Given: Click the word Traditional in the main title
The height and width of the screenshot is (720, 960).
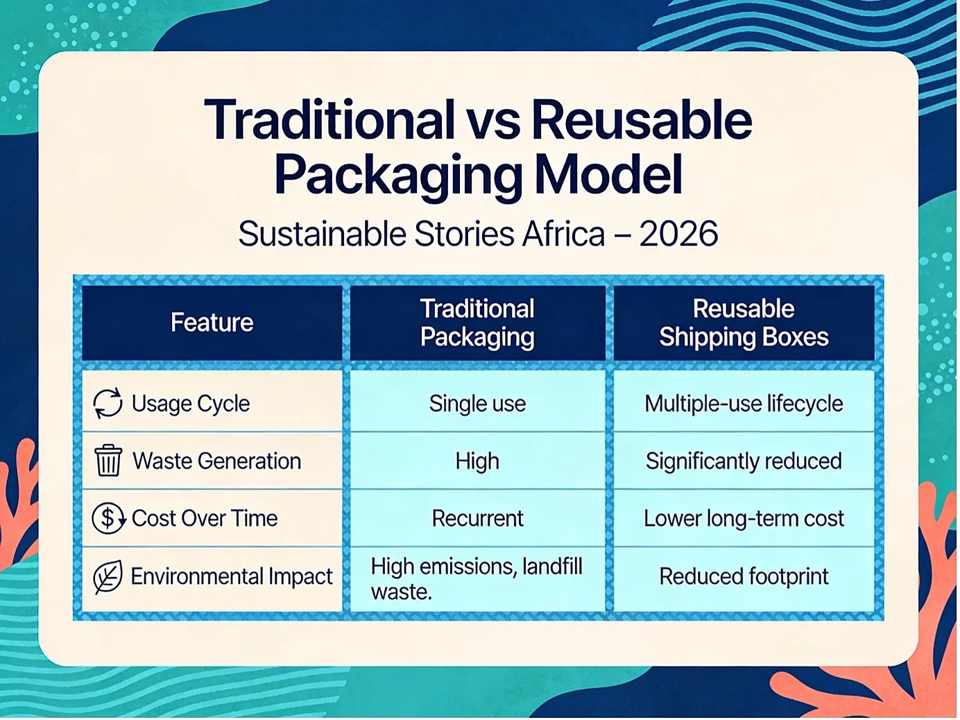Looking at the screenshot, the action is click(x=329, y=119).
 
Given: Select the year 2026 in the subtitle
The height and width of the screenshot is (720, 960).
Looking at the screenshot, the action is click(x=678, y=234).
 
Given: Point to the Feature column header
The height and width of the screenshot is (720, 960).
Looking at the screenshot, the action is click(x=212, y=323).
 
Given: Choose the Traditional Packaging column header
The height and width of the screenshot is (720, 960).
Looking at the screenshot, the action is click(x=477, y=323).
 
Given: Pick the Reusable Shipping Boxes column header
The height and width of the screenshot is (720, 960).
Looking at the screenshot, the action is click(x=744, y=323).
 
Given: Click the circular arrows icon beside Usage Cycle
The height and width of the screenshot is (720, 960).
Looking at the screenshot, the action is click(x=108, y=402).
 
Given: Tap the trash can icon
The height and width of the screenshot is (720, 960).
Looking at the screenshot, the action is click(x=108, y=461).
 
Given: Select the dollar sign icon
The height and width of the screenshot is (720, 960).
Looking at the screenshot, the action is click(x=108, y=518).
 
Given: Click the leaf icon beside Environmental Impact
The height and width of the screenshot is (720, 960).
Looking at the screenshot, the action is click(x=108, y=576).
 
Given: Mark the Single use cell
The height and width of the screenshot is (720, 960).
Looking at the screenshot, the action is click(x=477, y=404).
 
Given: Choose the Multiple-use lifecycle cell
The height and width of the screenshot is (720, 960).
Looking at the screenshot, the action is click(x=744, y=404).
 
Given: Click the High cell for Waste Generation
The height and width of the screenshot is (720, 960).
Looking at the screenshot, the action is click(x=477, y=461).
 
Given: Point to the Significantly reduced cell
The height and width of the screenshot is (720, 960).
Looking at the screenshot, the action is click(x=744, y=461).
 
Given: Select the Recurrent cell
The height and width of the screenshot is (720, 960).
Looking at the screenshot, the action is click(x=478, y=518).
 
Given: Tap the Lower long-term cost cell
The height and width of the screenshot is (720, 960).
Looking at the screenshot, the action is click(x=744, y=519).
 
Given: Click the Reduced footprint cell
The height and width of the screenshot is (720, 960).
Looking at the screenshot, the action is click(x=744, y=576).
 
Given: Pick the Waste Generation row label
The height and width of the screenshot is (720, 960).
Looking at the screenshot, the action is click(x=217, y=461).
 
